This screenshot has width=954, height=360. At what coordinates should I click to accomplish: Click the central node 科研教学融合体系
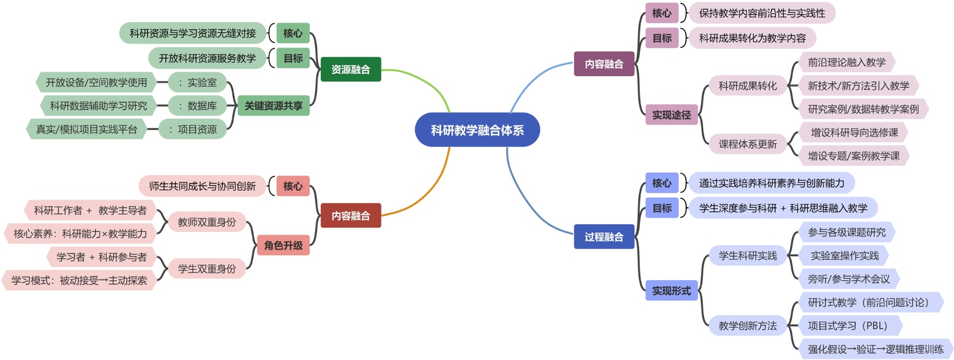click(x=477, y=130)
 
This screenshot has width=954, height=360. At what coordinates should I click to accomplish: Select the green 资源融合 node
click(x=351, y=69)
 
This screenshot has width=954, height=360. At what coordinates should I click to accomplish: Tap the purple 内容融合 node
click(x=603, y=64)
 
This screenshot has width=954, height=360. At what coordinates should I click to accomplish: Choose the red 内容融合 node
click(x=351, y=216)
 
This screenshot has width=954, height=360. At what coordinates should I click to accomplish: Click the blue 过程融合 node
click(x=603, y=237)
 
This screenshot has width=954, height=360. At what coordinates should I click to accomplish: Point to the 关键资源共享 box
click(x=273, y=105)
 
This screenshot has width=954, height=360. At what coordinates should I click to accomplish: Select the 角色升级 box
click(x=283, y=245)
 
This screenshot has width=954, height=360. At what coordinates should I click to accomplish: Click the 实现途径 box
click(x=671, y=115)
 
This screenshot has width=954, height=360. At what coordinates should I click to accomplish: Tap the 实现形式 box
click(x=671, y=291)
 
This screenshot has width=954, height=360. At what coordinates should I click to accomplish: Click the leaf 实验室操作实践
click(x=844, y=256)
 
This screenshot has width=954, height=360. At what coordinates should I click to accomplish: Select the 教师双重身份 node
click(x=207, y=222)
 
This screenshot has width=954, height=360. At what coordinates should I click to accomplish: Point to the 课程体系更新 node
click(x=747, y=144)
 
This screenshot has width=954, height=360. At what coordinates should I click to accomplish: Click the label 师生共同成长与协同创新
click(x=202, y=186)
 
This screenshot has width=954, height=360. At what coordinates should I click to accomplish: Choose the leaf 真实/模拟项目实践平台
click(x=86, y=129)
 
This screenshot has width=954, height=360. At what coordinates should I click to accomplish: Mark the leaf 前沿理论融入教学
click(x=846, y=62)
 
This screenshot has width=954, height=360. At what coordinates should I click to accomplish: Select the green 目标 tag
click(x=293, y=58)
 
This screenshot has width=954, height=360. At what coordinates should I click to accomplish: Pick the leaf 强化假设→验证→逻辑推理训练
click(x=875, y=349)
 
